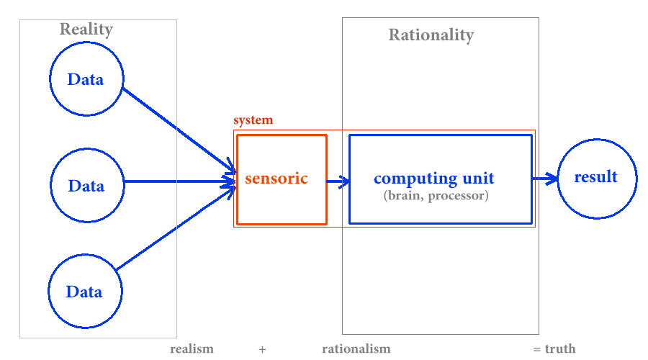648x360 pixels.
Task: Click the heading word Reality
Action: tap(86, 30)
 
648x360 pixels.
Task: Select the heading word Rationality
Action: tap(431, 35)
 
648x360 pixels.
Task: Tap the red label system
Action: tap(253, 120)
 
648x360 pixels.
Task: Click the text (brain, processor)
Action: tap(436, 196)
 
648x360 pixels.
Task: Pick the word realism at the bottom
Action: tap(192, 349)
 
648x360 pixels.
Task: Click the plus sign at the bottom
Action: tap(262, 350)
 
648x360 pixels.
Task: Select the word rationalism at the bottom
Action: tap(356, 349)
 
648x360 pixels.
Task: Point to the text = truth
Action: tap(554, 349)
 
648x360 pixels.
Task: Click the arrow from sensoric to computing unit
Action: tap(338, 181)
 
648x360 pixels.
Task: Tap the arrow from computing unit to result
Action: tap(545, 179)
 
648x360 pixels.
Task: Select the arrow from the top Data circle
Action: tap(179, 130)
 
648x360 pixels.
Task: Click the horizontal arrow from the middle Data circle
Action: tap(180, 181)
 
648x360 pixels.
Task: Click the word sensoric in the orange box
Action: tap(276, 179)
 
